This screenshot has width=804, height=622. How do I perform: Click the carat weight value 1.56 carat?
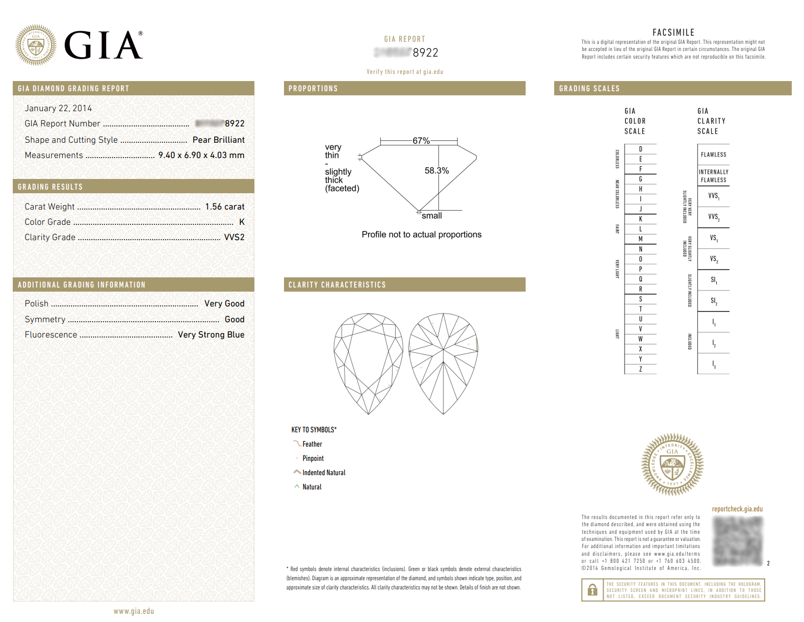tap(224, 206)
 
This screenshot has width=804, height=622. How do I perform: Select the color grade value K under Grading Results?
tap(242, 222)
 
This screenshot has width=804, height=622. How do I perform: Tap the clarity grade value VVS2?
tap(234, 237)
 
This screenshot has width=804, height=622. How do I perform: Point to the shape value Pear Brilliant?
tap(218, 140)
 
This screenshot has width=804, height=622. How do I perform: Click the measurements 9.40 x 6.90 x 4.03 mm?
tap(201, 155)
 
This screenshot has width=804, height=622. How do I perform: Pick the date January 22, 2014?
tap(58, 108)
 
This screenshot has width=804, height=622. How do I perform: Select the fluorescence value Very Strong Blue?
tap(211, 334)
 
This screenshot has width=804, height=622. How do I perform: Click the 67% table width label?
tap(421, 141)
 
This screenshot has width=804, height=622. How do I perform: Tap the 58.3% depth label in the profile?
tap(436, 171)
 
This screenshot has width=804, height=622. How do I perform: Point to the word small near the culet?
tap(432, 216)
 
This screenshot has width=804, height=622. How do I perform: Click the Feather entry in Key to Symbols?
tap(312, 444)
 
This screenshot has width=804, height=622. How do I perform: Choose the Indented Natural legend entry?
tap(324, 473)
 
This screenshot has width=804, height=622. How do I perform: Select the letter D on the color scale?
tap(640, 149)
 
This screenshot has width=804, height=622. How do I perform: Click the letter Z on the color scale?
tap(640, 369)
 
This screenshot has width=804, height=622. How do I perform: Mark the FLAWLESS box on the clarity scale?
tap(713, 154)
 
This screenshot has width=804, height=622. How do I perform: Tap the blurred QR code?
tap(738, 541)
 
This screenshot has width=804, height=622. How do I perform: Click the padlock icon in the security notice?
tap(592, 590)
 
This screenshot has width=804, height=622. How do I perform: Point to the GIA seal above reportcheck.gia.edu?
tap(672, 464)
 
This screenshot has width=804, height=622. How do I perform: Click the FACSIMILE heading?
tap(673, 32)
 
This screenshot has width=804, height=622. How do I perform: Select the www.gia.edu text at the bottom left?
tap(134, 611)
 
